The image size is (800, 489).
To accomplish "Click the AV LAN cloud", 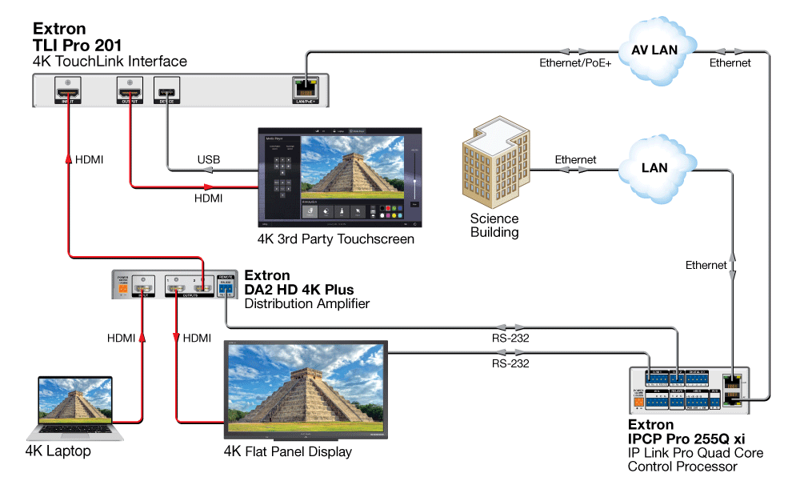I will [x=654, y=50].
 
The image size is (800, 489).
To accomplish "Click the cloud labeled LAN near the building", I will [x=654, y=168].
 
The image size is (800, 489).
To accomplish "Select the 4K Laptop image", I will [x=73, y=408].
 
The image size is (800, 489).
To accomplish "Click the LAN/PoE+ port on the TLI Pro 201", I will [x=306, y=89].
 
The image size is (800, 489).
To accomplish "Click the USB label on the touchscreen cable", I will [x=209, y=161].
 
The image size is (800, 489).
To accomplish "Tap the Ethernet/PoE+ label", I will [x=574, y=62].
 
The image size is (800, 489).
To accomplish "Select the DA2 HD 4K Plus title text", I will [x=298, y=290].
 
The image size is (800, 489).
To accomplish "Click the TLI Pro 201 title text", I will [x=77, y=45].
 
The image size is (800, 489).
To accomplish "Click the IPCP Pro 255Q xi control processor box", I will [x=689, y=390].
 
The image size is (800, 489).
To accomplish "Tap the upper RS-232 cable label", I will [x=510, y=338].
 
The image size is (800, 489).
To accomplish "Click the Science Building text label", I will [x=494, y=226].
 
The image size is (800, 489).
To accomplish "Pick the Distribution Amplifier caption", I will [x=306, y=303].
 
